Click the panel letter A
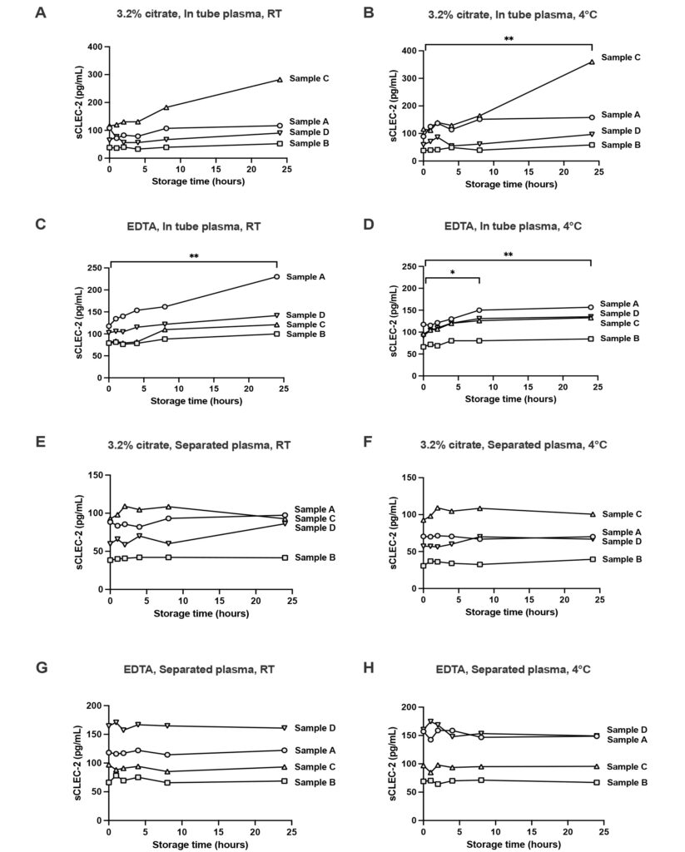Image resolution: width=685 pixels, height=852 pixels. [40, 12]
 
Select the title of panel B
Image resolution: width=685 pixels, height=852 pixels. [512, 15]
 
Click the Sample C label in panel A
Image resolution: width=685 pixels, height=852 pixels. [309, 78]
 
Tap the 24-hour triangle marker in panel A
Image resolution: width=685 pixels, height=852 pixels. [280, 80]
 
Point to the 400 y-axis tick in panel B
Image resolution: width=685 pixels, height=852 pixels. [409, 51]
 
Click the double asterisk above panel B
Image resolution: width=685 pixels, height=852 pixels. [509, 39]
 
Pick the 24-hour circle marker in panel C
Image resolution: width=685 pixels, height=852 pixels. [276, 276]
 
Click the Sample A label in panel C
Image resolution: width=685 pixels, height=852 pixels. [305, 276]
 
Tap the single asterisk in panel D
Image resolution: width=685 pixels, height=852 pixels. [452, 273]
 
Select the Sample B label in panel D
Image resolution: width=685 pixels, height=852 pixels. [620, 339]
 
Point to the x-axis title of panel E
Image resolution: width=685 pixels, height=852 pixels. [201, 613]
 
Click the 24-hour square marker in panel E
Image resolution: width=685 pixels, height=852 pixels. [285, 557]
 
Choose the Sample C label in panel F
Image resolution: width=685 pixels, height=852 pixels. [622, 514]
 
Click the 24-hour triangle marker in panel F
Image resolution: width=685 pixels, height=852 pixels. [593, 514]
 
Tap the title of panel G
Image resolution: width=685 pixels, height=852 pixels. [199, 670]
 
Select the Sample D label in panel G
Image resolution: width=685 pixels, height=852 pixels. [315, 728]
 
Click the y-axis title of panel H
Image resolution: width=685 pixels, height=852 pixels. [395, 764]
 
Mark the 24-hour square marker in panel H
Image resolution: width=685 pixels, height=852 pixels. [597, 782]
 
